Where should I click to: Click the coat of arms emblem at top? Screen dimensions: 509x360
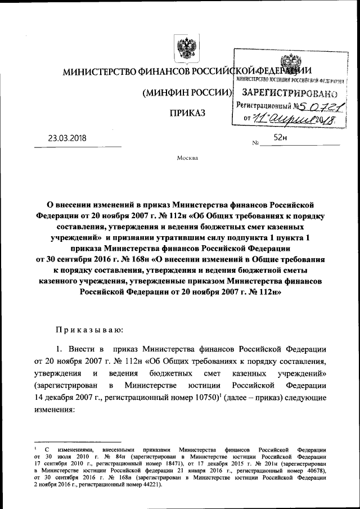[184, 49]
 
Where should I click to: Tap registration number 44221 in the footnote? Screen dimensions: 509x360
[146, 484]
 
